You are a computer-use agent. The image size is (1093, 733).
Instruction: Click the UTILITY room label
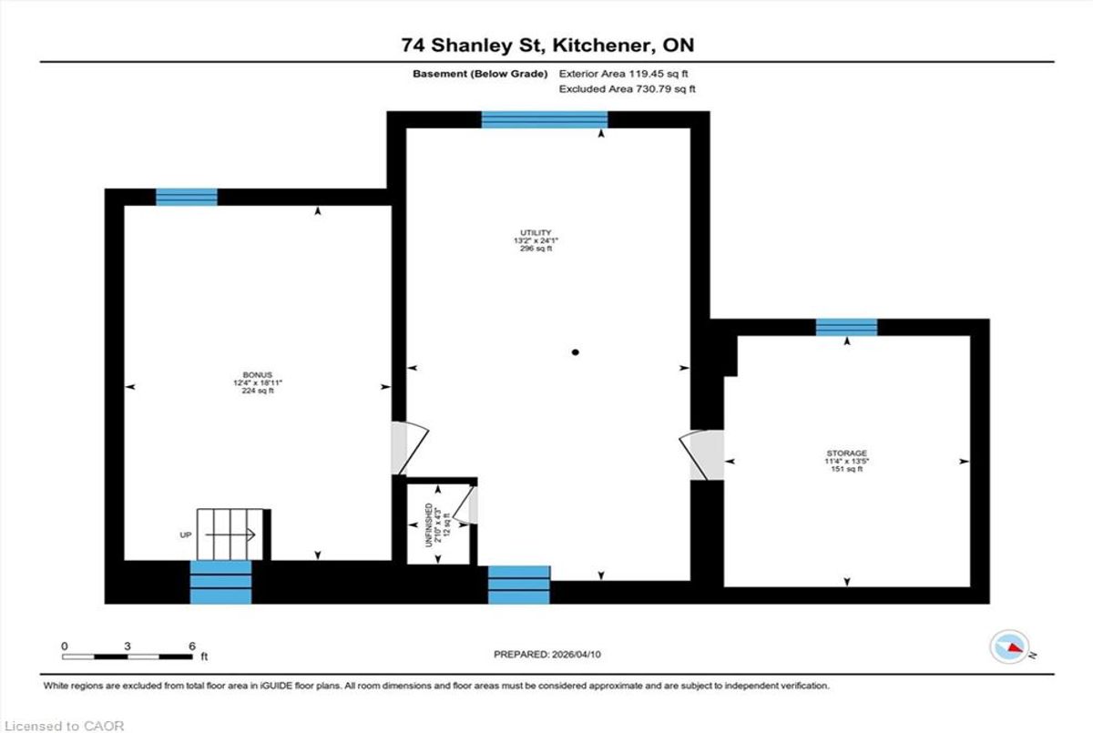click(x=536, y=232)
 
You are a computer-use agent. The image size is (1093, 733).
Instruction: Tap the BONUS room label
click(x=257, y=375)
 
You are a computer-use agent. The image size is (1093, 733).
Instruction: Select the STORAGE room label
click(x=846, y=453)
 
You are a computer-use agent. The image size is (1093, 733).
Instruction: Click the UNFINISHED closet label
click(x=429, y=525)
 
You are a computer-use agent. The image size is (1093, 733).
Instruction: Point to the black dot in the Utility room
click(x=576, y=352)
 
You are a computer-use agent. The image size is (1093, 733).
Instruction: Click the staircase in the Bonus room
click(x=230, y=534)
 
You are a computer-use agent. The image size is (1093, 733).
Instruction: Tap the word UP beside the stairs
click(x=186, y=535)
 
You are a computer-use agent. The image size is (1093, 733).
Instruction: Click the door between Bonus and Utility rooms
click(x=410, y=448)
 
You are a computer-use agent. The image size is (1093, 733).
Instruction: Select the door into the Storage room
click(x=701, y=454)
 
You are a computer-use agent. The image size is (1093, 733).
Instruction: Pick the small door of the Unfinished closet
click(x=465, y=505)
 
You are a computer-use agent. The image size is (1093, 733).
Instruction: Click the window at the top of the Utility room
click(x=545, y=119)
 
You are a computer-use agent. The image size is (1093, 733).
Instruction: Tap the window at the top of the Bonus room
click(x=187, y=197)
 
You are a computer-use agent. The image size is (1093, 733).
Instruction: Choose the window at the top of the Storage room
click(x=846, y=327)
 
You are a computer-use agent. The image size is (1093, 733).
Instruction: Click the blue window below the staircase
click(x=220, y=583)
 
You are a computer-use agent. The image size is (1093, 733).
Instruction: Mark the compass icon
click(x=1009, y=647)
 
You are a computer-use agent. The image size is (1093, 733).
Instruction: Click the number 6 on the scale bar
click(x=192, y=646)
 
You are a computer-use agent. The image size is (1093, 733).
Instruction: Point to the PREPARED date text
click(x=547, y=655)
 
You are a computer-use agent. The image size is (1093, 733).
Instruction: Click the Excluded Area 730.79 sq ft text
click(x=627, y=88)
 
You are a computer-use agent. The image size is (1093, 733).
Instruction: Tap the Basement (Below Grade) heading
click(x=480, y=74)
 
